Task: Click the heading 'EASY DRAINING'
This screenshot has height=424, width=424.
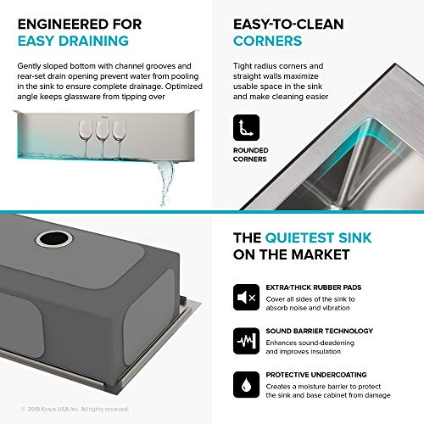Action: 73,41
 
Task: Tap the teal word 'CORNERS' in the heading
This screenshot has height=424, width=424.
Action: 267,41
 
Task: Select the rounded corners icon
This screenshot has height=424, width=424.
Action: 246,127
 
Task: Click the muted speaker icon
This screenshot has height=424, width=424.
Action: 246,297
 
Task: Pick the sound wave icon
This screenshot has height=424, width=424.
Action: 246,341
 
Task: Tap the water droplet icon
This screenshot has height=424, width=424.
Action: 246,385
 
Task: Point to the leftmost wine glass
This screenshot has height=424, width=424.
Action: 86,138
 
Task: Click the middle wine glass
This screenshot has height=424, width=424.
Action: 103,138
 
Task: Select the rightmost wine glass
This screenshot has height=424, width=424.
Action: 119,139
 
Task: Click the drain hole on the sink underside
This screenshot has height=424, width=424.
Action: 54,239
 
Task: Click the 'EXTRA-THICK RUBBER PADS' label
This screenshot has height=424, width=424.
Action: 314,287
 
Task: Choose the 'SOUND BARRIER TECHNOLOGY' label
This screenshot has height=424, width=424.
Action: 320,331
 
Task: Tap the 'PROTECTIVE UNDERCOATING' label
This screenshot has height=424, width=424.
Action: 316,375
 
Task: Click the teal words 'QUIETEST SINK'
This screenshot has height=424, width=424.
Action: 318,237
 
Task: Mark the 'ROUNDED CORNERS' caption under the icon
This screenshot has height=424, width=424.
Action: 251,154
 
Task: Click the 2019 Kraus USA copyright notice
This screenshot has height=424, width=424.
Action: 75,409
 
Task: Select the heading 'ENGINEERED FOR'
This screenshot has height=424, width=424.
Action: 80,24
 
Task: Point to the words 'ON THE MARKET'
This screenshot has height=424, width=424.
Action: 292,254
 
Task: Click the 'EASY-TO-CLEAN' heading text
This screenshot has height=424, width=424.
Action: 288,24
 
